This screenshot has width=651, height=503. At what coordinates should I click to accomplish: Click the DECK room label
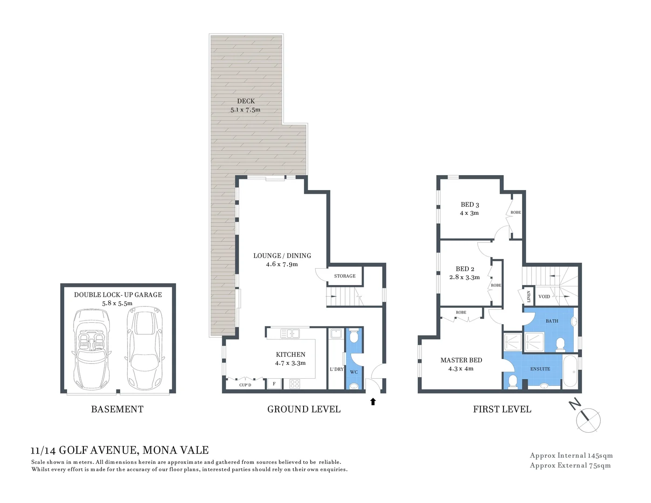[246, 101]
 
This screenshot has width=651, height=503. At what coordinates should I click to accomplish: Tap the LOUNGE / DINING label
[282, 256]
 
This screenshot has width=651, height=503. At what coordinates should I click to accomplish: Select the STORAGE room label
[345, 276]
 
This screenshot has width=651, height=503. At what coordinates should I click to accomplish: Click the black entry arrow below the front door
[373, 401]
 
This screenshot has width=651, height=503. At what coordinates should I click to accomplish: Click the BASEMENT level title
[117, 409]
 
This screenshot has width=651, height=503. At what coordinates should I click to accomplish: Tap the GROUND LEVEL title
[304, 409]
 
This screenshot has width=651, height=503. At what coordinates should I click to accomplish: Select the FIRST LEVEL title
[502, 409]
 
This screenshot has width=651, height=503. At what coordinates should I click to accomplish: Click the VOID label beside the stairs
[544, 297]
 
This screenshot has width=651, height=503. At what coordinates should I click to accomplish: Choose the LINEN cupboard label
[529, 297]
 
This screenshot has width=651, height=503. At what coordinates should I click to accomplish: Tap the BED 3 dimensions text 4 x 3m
[469, 213]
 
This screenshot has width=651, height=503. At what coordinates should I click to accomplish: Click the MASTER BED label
[461, 360]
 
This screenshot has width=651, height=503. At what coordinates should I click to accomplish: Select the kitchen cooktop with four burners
[295, 384]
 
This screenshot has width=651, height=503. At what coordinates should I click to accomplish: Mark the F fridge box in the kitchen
[274, 384]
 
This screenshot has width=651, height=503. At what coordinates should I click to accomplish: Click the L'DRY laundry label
[336, 369]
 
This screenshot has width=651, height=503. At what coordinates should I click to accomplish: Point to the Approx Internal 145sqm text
[571, 455]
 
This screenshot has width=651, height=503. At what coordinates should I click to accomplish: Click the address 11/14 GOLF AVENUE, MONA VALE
[120, 450]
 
